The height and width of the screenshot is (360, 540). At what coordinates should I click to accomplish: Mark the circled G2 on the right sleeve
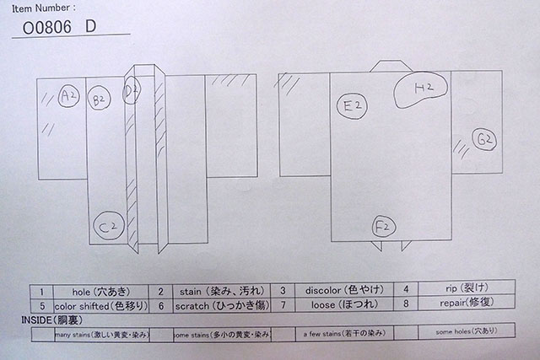[483, 140]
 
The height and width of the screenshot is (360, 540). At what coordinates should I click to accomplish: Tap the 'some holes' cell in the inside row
[464, 332]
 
